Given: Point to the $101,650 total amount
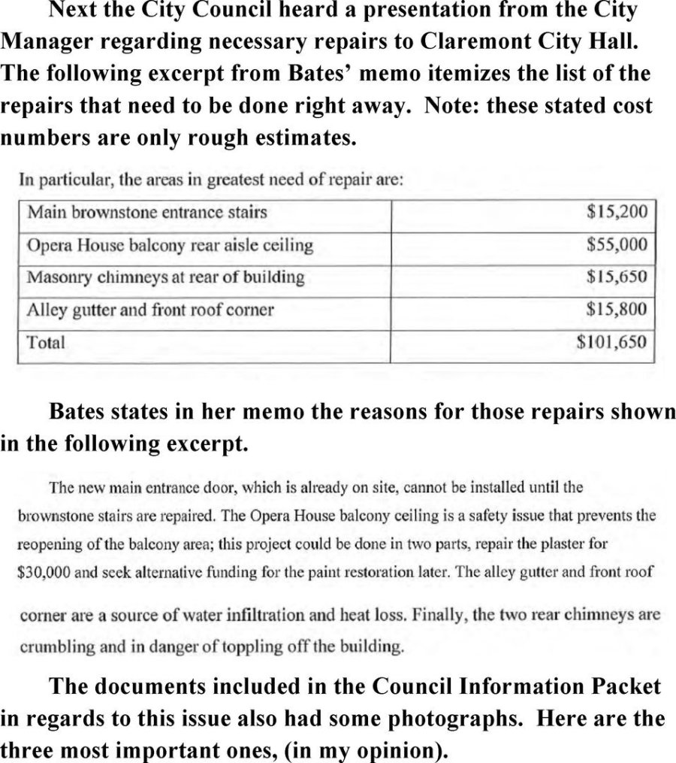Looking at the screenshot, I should click(x=611, y=342).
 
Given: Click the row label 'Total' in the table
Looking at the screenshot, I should click(x=46, y=342).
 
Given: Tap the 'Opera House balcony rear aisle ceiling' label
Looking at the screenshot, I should click(x=170, y=245).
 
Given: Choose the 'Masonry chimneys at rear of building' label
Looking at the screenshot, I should click(x=166, y=277).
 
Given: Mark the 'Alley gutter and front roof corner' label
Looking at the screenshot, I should click(x=150, y=310).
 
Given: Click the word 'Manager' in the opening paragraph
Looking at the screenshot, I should click(x=46, y=40).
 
